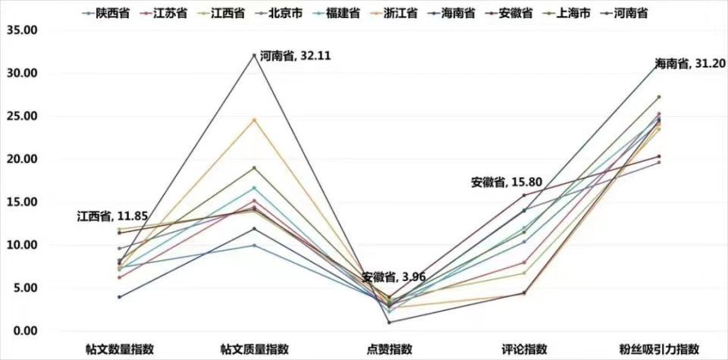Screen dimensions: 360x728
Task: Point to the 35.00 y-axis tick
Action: coord(24,30)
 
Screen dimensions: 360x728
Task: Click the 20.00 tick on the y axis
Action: coord(24,159)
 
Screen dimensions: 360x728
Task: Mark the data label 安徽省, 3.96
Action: coord(393,277)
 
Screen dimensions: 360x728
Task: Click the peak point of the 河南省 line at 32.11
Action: coord(254,55)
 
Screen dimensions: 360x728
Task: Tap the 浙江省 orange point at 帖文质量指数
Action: coord(254,119)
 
